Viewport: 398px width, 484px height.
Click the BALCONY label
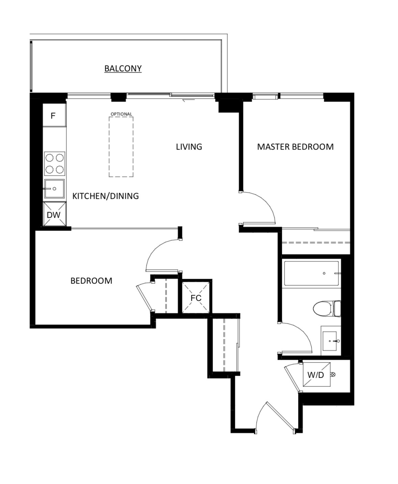(x=123, y=69)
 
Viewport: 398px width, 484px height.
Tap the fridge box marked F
(x=54, y=116)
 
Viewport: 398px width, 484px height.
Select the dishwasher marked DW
(x=54, y=215)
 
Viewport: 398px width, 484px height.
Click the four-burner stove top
(x=55, y=163)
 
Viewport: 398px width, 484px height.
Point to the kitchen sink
(x=54, y=189)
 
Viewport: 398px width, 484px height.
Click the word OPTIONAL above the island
(x=121, y=114)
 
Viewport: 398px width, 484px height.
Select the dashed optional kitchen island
(x=121, y=147)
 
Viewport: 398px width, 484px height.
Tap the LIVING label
(x=189, y=147)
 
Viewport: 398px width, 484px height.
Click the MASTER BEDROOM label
(x=295, y=147)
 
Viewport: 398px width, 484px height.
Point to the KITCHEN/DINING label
(x=106, y=196)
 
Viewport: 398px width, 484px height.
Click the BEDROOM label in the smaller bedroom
(x=91, y=281)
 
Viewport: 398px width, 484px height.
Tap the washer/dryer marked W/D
(x=316, y=375)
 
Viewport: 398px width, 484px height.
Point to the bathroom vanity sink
(x=330, y=341)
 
